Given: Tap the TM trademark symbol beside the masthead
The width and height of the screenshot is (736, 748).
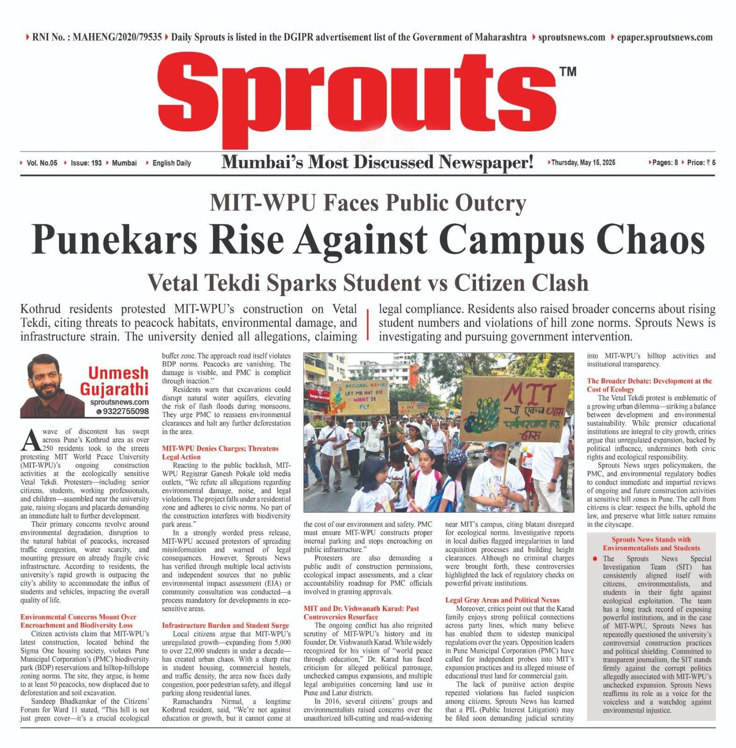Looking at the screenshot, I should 567,72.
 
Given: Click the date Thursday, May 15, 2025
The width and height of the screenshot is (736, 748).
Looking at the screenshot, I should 583,163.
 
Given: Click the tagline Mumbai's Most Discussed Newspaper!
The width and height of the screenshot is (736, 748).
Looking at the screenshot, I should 377,163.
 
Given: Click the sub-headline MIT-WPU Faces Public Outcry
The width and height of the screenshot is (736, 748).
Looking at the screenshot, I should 368,202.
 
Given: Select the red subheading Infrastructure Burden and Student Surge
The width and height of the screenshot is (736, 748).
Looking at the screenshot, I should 225,625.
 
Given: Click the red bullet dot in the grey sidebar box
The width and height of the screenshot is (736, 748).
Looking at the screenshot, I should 595,558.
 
